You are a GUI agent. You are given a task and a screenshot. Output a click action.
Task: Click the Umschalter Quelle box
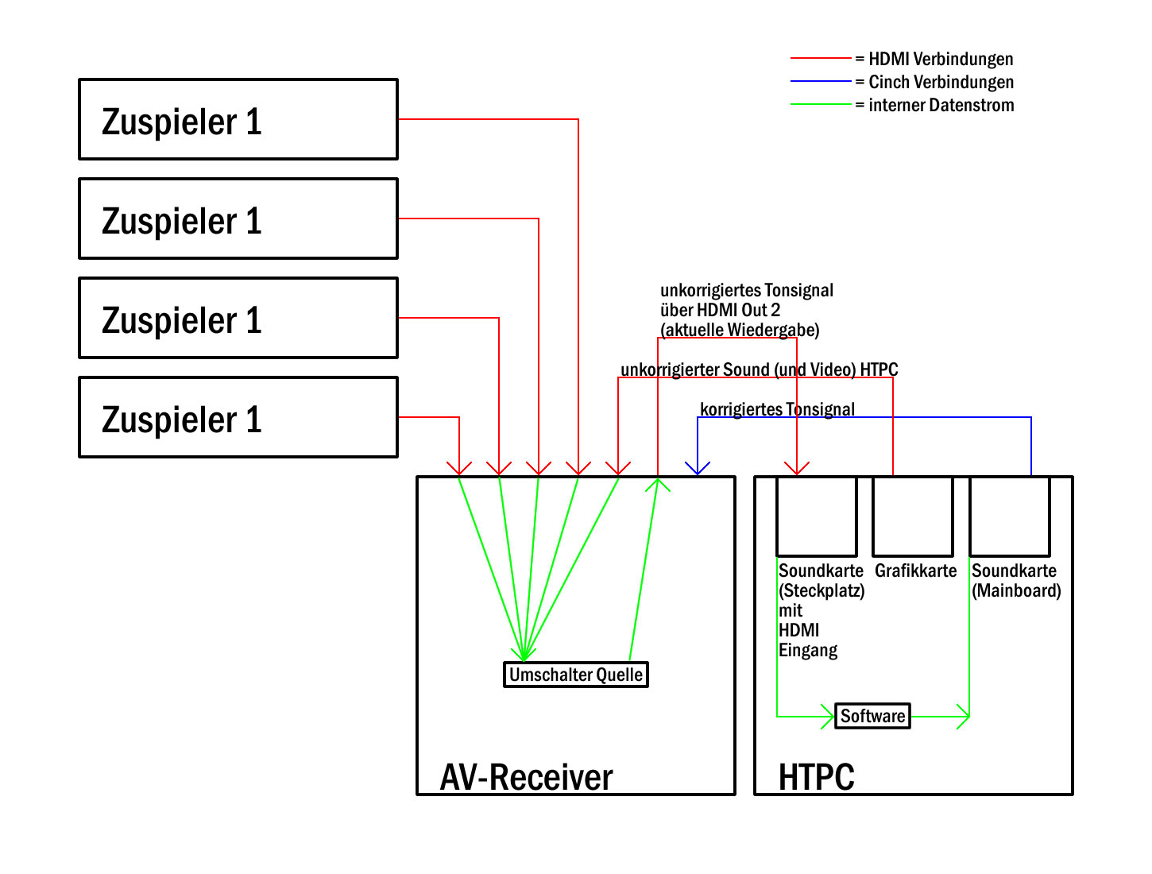pyautogui.click(x=575, y=674)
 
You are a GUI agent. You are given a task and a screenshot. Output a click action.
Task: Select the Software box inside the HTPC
pyautogui.click(x=872, y=715)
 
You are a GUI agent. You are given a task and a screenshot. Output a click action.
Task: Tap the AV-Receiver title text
pyautogui.click(x=526, y=777)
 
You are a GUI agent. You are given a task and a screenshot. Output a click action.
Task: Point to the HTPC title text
pyautogui.click(x=816, y=777)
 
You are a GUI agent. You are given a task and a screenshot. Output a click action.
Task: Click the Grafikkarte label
pyautogui.click(x=915, y=570)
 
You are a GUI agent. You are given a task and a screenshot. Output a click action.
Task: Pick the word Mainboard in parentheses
pyautogui.click(x=1016, y=591)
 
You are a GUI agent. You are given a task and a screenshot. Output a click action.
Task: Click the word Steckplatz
pyautogui.click(x=821, y=591)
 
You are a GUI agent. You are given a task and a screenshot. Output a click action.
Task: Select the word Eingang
pyautogui.click(x=808, y=651)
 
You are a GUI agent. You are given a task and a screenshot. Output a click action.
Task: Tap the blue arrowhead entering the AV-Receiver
pyautogui.click(x=697, y=468)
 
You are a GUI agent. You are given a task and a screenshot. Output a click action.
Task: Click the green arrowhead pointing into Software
pyautogui.click(x=828, y=716)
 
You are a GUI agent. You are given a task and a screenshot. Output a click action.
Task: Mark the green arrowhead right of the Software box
pyautogui.click(x=963, y=716)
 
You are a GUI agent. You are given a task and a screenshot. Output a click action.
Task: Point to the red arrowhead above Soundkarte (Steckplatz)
pyautogui.click(x=796, y=468)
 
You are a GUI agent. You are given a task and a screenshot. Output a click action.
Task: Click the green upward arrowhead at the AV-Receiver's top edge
pyautogui.click(x=657, y=485)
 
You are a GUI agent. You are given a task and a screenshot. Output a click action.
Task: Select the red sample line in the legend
pyautogui.click(x=821, y=58)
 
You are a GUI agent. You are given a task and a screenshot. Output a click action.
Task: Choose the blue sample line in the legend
pyautogui.click(x=821, y=81)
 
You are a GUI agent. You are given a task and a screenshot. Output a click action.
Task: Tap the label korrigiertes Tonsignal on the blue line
pyautogui.click(x=777, y=409)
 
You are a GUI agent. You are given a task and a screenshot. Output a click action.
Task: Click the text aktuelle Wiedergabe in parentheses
pyautogui.click(x=740, y=331)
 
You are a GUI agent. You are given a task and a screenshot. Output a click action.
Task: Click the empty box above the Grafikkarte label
pyautogui.click(x=913, y=516)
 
